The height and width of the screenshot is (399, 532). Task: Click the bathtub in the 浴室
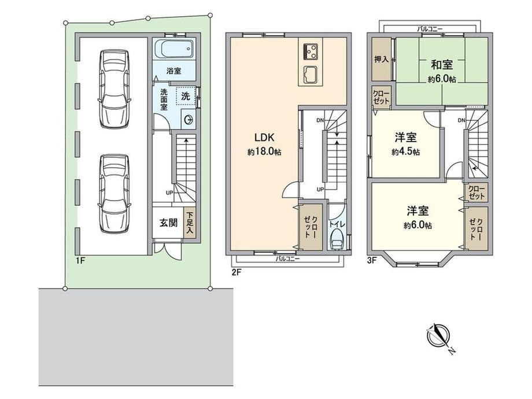tap(175, 49)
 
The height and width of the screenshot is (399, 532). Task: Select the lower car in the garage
tap(114, 194)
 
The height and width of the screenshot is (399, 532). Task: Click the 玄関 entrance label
tap(169, 223)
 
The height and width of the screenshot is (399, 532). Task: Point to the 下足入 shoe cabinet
tap(190, 222)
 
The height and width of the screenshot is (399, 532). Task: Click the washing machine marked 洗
tap(186, 96)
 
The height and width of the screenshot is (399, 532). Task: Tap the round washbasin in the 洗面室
tap(189, 120)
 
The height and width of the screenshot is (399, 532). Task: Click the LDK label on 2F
tap(264, 138)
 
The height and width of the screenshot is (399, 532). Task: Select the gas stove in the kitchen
tap(311, 51)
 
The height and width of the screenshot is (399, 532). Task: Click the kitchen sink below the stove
tap(311, 74)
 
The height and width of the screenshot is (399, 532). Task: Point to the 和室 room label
tap(442, 64)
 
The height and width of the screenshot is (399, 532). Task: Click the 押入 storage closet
tap(381, 59)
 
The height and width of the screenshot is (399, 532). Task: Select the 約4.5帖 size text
tap(405, 152)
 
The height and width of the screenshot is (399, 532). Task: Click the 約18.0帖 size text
tap(264, 152)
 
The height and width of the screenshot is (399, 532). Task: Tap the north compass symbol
tap(439, 336)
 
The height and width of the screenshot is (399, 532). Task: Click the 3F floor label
tap(372, 261)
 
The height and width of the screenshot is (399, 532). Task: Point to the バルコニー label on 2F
tap(287, 259)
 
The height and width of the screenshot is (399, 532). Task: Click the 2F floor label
tap(237, 272)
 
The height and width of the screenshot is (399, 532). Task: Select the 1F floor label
tap(80, 261)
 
